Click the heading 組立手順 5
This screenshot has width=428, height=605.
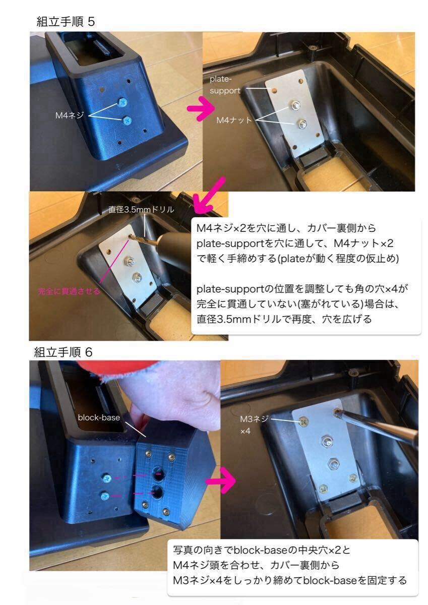66,22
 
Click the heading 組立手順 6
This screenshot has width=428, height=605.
63,352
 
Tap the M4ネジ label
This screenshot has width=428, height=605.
70,115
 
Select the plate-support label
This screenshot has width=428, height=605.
225,85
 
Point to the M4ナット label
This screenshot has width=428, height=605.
234,120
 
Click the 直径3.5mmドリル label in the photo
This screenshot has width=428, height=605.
141,210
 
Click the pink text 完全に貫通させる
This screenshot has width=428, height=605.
69,291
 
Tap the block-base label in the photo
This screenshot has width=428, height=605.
99,417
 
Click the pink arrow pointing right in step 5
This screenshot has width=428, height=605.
201,109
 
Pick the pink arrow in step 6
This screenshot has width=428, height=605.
221,481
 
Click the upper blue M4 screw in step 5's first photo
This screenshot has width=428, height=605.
123,102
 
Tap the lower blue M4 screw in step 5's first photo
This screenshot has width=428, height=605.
127,120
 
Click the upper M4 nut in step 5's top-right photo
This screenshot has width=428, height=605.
295,105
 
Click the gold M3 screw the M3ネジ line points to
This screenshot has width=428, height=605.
304,421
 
